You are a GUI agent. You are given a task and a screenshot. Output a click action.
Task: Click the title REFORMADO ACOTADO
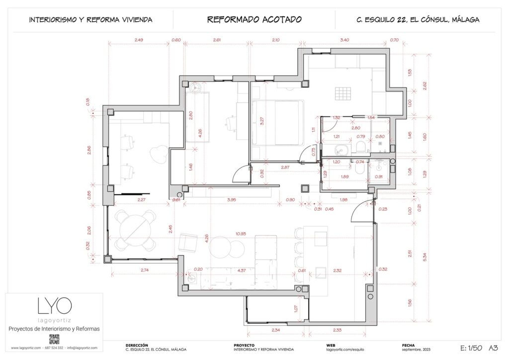[254, 20]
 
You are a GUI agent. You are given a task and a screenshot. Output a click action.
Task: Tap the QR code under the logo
[55, 340]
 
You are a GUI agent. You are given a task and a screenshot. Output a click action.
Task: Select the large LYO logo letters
[55, 305]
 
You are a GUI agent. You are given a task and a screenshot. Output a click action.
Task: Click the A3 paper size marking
[494, 348]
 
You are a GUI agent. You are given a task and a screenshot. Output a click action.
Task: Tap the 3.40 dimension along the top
[343, 39]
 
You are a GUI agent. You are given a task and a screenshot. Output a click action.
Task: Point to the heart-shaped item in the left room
[160, 153]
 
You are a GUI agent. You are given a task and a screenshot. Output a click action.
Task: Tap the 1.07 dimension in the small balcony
[296, 308]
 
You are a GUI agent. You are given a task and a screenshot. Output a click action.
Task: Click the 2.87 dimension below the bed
[285, 168]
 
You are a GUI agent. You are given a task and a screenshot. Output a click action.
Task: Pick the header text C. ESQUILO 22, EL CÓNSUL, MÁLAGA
[418, 20]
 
